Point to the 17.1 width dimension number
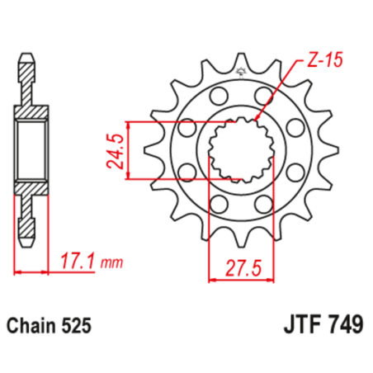coord(77,263)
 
